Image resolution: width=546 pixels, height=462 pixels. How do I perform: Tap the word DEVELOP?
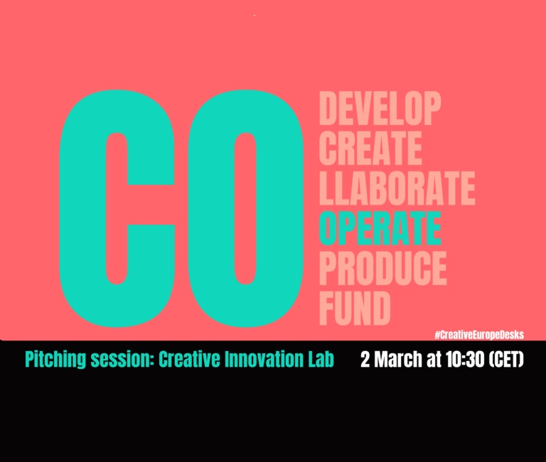tap(380, 108)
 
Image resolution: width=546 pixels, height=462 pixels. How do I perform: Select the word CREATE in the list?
tap(370, 149)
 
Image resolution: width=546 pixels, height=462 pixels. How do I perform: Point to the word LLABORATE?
tap(397, 188)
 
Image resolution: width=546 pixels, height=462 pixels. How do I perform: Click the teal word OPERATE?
tap(380, 228)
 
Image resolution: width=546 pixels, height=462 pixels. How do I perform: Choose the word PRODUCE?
tap(382, 269)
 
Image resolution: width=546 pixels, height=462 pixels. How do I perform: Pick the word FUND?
tap(355, 308)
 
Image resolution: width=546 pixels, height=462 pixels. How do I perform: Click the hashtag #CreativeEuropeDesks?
tap(479, 335)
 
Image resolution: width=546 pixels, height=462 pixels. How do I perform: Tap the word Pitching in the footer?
tap(55, 360)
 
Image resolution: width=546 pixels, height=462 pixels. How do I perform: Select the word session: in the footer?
tap(122, 360)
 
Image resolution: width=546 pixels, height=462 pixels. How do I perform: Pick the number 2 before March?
tap(365, 360)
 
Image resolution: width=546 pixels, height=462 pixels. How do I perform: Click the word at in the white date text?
tap(434, 360)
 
